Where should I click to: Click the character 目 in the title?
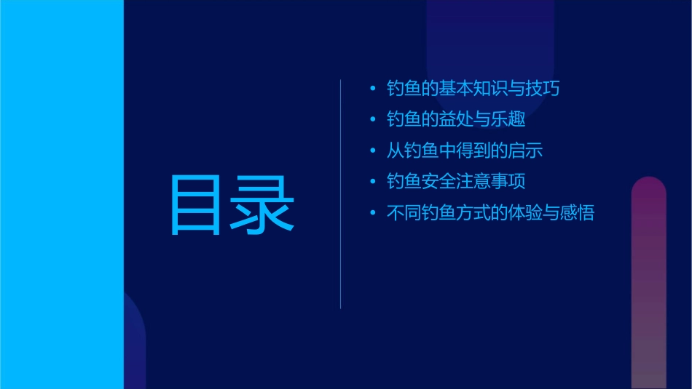click(x=194, y=206)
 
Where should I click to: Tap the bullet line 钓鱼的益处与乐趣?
click(x=456, y=120)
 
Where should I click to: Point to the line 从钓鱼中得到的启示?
click(x=465, y=151)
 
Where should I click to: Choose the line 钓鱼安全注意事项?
click(x=456, y=182)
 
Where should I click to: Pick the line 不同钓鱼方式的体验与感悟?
click(x=490, y=213)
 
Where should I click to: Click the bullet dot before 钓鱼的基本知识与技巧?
click(x=373, y=89)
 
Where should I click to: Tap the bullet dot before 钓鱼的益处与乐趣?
click(x=373, y=121)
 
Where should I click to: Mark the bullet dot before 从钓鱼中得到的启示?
click(x=373, y=152)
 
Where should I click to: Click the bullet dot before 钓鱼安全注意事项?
click(x=373, y=183)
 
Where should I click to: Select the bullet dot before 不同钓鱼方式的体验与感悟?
click(x=373, y=214)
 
